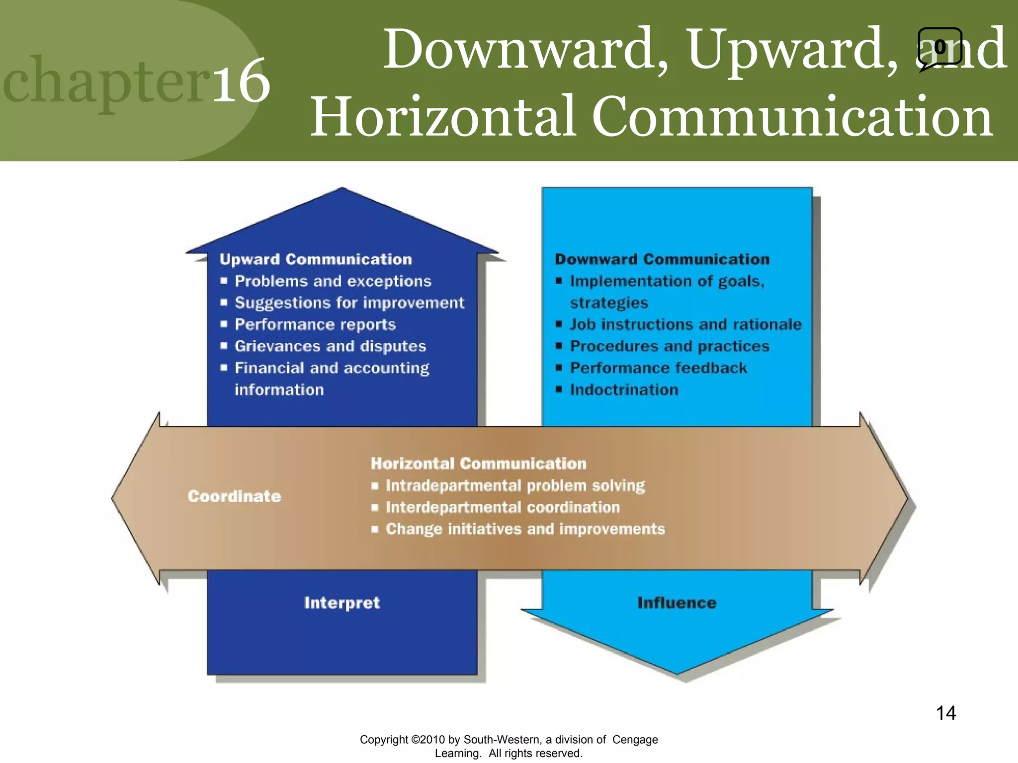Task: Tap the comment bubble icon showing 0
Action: pyautogui.click(x=939, y=48)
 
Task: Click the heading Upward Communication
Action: pyautogui.click(x=316, y=259)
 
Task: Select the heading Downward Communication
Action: pyautogui.click(x=662, y=259)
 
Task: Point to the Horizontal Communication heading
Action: pyautogui.click(x=478, y=463)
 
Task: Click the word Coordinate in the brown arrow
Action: pyautogui.click(x=234, y=496)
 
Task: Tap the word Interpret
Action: pyautogui.click(x=342, y=603)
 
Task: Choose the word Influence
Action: pyautogui.click(x=677, y=603)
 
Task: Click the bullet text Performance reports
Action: pyautogui.click(x=315, y=324)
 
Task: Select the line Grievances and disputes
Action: pyautogui.click(x=330, y=346)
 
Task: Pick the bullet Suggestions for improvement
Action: pyautogui.click(x=349, y=303)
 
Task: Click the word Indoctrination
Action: pyautogui.click(x=624, y=389)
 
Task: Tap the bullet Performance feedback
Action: pyautogui.click(x=658, y=368)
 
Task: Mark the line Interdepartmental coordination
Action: pyautogui.click(x=503, y=507)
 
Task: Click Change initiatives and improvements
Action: pyautogui.click(x=525, y=529)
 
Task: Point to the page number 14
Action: pyautogui.click(x=945, y=713)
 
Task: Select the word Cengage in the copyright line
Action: pyautogui.click(x=635, y=740)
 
